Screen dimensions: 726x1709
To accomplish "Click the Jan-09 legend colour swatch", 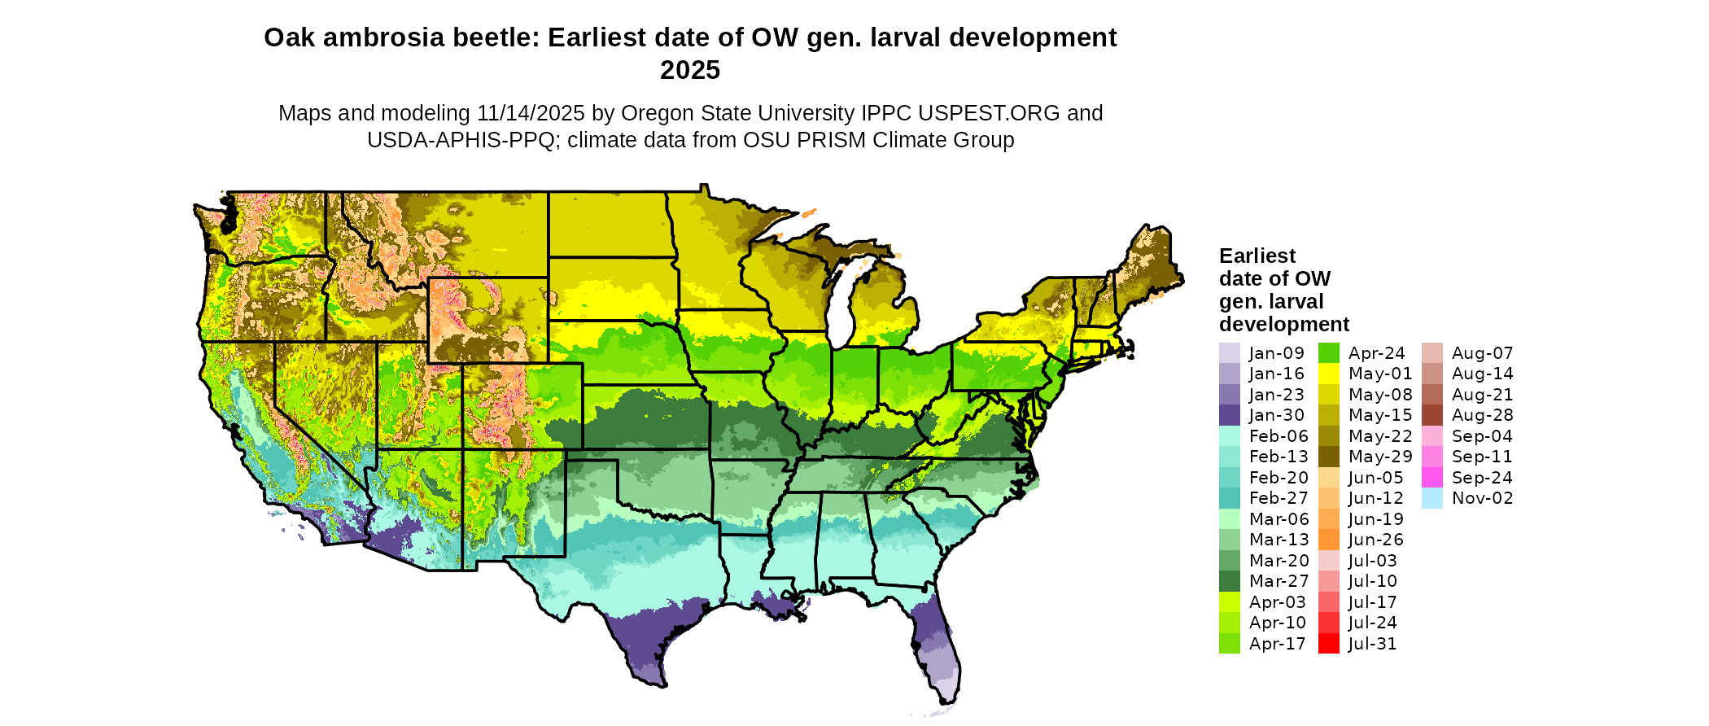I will [1229, 353].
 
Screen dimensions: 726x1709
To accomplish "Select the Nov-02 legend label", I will [1482, 498].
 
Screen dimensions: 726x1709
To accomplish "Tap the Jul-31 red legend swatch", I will [1328, 644].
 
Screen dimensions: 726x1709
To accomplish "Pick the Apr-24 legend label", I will [1376, 353].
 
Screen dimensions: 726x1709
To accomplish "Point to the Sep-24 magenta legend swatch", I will [1431, 478].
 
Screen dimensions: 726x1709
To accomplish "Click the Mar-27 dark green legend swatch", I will [1229, 581].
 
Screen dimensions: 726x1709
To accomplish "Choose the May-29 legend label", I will [1379, 457].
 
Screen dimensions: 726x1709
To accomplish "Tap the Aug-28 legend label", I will [1482, 415].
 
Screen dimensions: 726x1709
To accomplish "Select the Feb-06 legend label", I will [1278, 436].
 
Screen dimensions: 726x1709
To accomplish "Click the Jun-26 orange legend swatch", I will [1328, 540].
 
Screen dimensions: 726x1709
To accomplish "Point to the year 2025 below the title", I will [690, 71].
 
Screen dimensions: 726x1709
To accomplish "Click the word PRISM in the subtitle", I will [831, 140].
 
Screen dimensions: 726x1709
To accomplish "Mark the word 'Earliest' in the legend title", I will [1257, 256].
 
